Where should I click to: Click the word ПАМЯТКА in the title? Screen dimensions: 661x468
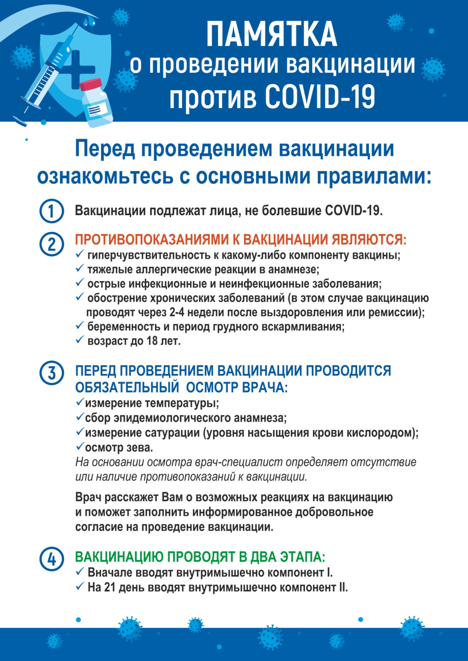[272, 35]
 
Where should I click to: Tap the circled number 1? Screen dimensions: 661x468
[51, 211]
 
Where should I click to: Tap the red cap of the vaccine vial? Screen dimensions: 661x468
[91, 85]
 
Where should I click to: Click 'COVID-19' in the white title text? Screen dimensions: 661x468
[320, 97]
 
